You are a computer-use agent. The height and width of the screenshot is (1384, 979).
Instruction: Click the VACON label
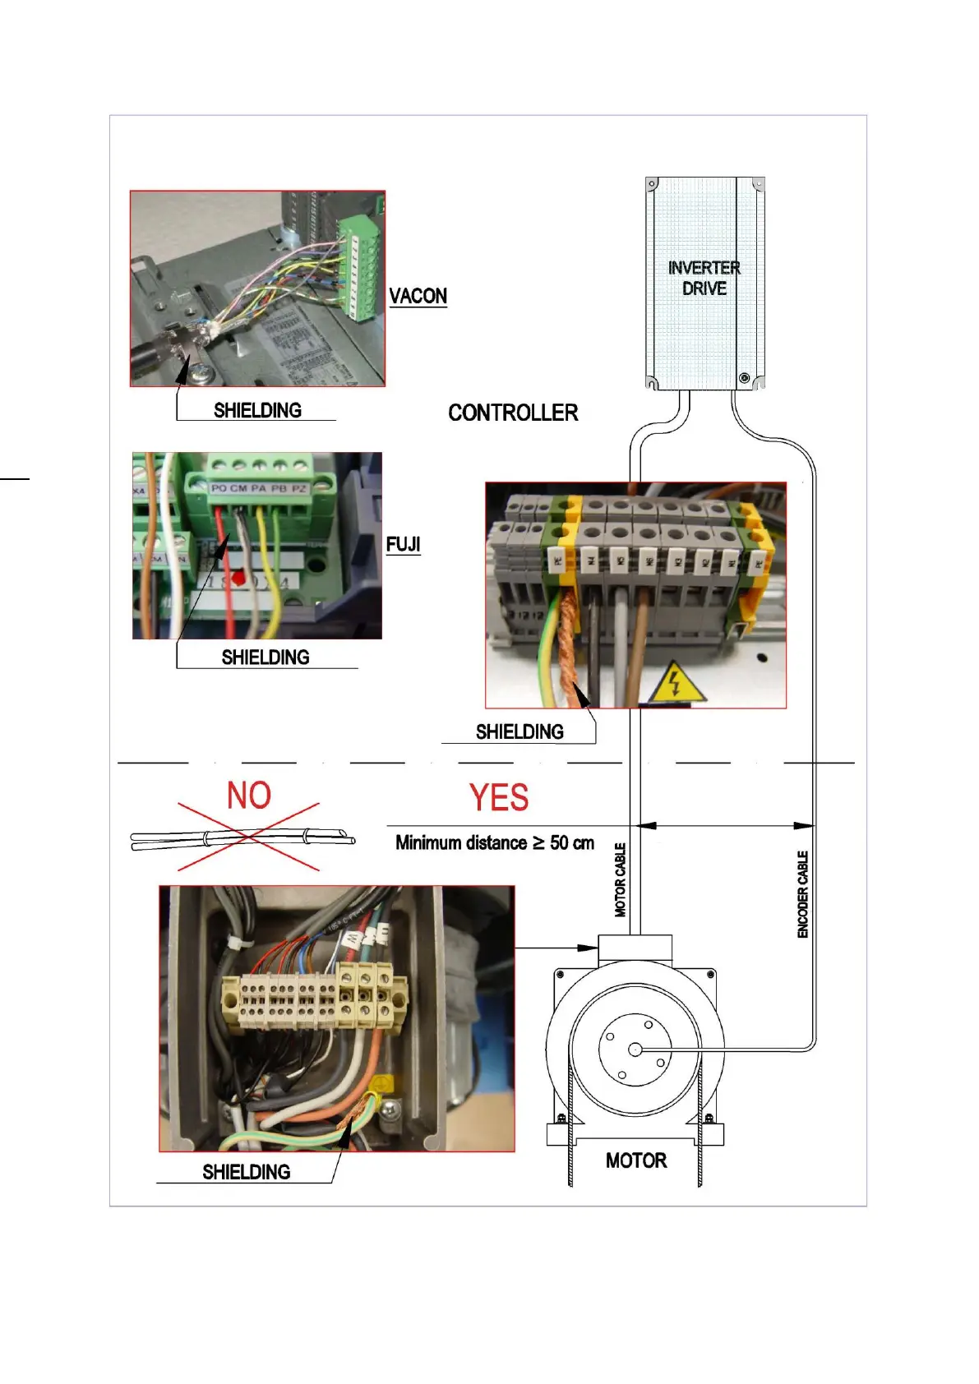(x=418, y=296)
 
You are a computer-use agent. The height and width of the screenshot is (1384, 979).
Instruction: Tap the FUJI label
(x=403, y=544)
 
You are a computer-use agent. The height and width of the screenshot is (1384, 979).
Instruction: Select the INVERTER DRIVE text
(x=704, y=278)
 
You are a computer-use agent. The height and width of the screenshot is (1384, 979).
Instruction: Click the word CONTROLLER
(x=513, y=413)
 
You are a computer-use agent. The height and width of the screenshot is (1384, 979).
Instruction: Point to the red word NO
(x=249, y=796)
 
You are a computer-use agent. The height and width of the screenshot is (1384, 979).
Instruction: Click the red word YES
(x=499, y=797)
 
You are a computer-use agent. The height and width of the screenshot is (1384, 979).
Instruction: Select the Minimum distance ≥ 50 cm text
(x=495, y=843)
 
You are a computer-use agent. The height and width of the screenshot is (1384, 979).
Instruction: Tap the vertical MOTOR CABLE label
(x=621, y=879)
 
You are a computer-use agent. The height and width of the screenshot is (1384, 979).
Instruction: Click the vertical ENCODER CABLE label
(x=803, y=894)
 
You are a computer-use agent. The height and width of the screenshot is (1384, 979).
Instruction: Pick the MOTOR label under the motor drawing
(x=636, y=1160)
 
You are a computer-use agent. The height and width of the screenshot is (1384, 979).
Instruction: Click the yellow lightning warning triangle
(x=676, y=683)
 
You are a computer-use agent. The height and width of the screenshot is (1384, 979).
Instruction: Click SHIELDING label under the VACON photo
(x=257, y=410)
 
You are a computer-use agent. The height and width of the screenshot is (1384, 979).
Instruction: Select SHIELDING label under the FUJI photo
(x=266, y=657)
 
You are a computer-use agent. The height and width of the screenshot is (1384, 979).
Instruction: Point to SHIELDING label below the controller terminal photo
(x=520, y=731)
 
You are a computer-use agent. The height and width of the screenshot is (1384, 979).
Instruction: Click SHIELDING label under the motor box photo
(x=247, y=1172)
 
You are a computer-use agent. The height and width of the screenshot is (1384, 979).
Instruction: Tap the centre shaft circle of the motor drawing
(x=635, y=1050)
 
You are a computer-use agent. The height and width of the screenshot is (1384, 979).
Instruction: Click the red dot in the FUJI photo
(x=239, y=578)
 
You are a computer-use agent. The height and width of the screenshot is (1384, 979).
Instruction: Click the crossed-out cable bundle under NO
(x=243, y=838)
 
